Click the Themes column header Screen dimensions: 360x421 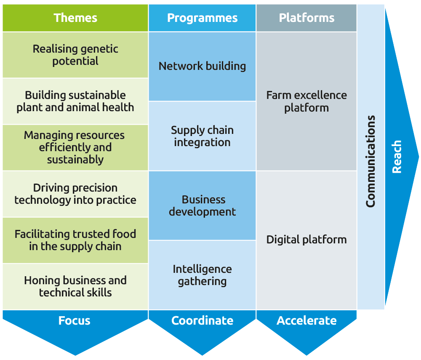(75, 18)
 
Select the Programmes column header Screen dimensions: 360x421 (202, 18)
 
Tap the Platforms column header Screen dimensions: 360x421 (306, 18)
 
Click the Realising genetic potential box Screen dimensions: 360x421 (75, 55)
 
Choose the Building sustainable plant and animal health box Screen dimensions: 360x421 (75, 101)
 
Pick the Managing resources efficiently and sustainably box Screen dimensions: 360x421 (75, 147)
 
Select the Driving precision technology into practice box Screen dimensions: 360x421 (75, 194)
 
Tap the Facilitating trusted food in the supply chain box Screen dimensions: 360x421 (75, 240)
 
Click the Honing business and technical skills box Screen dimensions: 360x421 (75, 286)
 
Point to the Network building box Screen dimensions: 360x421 (202, 66)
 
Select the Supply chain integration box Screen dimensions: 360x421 (202, 136)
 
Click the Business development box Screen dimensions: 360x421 (202, 205)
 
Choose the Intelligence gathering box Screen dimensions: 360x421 (202, 275)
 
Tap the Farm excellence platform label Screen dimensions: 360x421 (306, 101)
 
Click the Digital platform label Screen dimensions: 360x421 (306, 240)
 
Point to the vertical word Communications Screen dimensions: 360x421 (370, 161)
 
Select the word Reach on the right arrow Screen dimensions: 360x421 (397, 157)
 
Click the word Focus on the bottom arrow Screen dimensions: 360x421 (75, 320)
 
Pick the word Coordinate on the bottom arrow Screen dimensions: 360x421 (202, 320)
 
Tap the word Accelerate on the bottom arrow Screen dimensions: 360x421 (306, 320)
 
